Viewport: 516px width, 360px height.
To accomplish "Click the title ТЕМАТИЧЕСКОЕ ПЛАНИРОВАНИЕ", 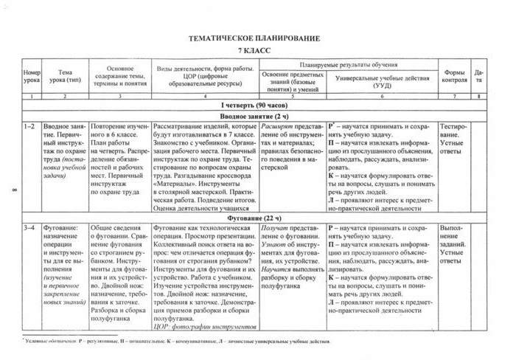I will [254, 37].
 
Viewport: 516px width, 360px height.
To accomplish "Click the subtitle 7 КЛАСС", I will [254, 49].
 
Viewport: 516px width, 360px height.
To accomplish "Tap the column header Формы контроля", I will [455, 75].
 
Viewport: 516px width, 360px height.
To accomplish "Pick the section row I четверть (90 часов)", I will [254, 106].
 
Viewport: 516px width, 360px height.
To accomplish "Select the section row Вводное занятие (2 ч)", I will [254, 117].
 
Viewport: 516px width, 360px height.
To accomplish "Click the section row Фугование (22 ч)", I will [254, 218].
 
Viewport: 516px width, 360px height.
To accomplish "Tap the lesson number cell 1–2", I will [30, 127].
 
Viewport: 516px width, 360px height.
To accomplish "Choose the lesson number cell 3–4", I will [30, 229].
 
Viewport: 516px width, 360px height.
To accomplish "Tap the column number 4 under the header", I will [204, 97].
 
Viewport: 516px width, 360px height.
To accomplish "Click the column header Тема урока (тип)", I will [65, 75].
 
